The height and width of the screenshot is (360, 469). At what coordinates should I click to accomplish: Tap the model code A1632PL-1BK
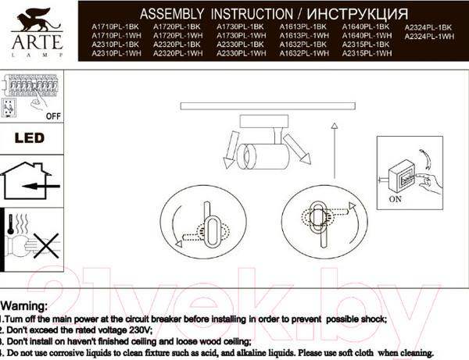[x=304, y=45]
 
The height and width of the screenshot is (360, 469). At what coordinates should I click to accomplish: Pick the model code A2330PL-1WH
[x=241, y=54]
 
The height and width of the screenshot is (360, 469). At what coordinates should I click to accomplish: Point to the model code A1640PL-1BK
[x=366, y=27]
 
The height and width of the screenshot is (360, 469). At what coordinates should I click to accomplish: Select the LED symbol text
[x=30, y=138]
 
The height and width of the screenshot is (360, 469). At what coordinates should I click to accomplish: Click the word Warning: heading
[x=24, y=305]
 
